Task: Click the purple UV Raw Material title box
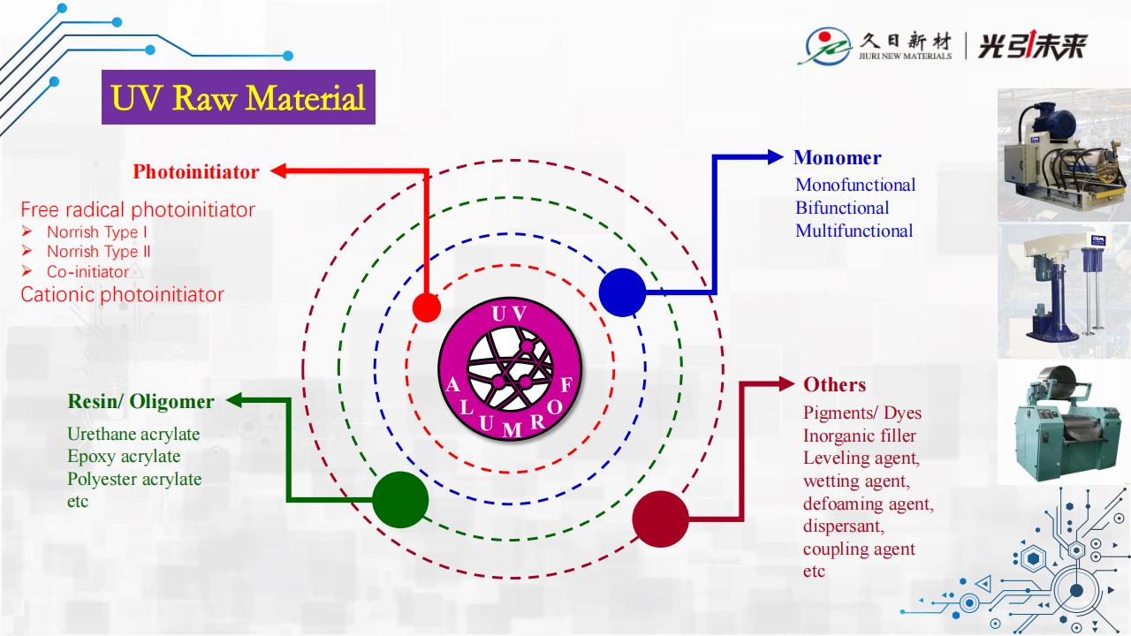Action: (x=239, y=97)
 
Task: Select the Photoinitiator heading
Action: (x=196, y=171)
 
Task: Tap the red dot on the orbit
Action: (x=427, y=307)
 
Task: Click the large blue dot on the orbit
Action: (x=622, y=291)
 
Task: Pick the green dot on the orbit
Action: (x=400, y=500)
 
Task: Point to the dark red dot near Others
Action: (x=660, y=519)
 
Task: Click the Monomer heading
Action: (x=837, y=158)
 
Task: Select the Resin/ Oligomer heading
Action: (x=140, y=401)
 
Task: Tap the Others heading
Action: (x=834, y=384)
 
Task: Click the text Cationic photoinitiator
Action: (x=122, y=295)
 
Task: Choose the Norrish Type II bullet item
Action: (x=98, y=252)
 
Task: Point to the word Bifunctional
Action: (x=842, y=208)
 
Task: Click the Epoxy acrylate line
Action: (x=124, y=457)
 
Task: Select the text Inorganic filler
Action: (x=859, y=435)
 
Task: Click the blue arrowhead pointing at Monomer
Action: (x=776, y=157)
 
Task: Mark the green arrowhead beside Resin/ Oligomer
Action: (x=232, y=401)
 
